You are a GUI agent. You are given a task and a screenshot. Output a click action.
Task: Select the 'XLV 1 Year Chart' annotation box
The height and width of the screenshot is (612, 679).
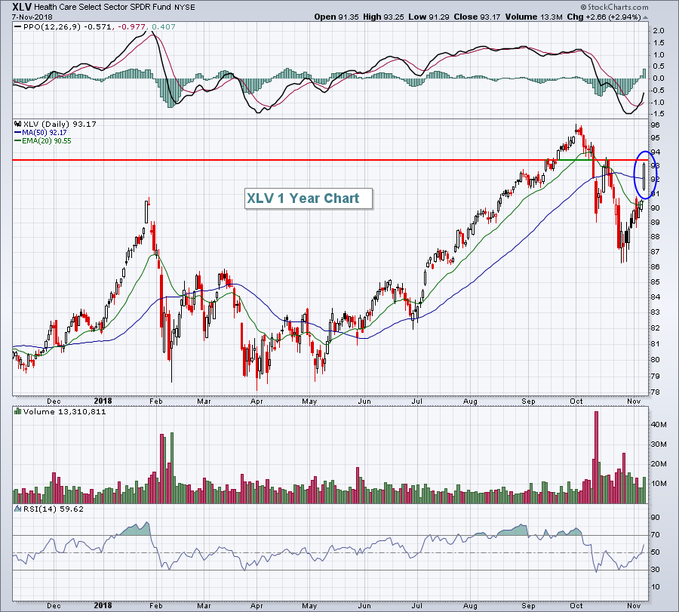pyautogui.click(x=308, y=198)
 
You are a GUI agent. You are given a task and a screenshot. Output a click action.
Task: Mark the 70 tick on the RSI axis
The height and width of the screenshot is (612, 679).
pyautogui.click(x=656, y=535)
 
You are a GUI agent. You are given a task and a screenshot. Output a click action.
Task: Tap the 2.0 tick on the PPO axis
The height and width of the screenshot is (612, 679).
pyautogui.click(x=658, y=31)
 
